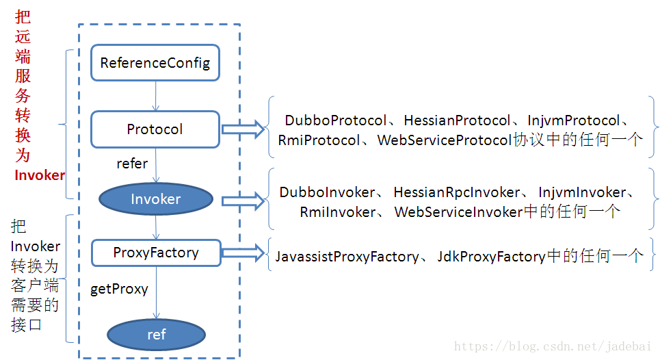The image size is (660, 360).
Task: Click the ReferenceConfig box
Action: pyautogui.click(x=155, y=63)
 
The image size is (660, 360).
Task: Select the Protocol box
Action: pyautogui.click(x=155, y=129)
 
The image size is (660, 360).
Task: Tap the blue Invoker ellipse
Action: pyautogui.click(x=156, y=198)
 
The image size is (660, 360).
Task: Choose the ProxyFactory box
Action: pyautogui.click(x=156, y=253)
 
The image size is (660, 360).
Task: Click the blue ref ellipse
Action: pyautogui.click(x=156, y=334)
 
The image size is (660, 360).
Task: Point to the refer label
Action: pyautogui.click(x=132, y=164)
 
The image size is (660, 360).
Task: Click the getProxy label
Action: pyautogui.click(x=119, y=290)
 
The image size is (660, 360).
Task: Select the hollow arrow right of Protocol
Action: pyautogui.click(x=243, y=129)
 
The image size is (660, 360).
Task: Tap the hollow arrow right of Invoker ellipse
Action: pyautogui.click(x=243, y=201)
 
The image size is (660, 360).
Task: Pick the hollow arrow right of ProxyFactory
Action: pyautogui.click(x=243, y=253)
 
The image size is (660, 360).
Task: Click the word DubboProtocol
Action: pyautogui.click(x=336, y=120)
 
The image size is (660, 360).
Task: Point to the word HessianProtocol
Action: pyautogui.click(x=457, y=120)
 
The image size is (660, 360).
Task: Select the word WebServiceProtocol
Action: pyautogui.click(x=444, y=140)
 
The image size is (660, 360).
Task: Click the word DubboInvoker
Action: pyautogui.click(x=327, y=192)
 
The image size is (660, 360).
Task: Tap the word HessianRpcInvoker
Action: pyautogui.click(x=457, y=192)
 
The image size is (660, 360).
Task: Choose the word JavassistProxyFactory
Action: pyautogui.click(x=347, y=257)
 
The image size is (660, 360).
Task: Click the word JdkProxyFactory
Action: pyautogui.click(x=491, y=257)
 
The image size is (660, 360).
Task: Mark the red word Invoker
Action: pyautogui.click(x=40, y=175)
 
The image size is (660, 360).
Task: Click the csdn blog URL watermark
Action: pyautogui.click(x=553, y=346)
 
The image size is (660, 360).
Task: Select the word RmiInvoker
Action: pyautogui.click(x=338, y=212)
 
